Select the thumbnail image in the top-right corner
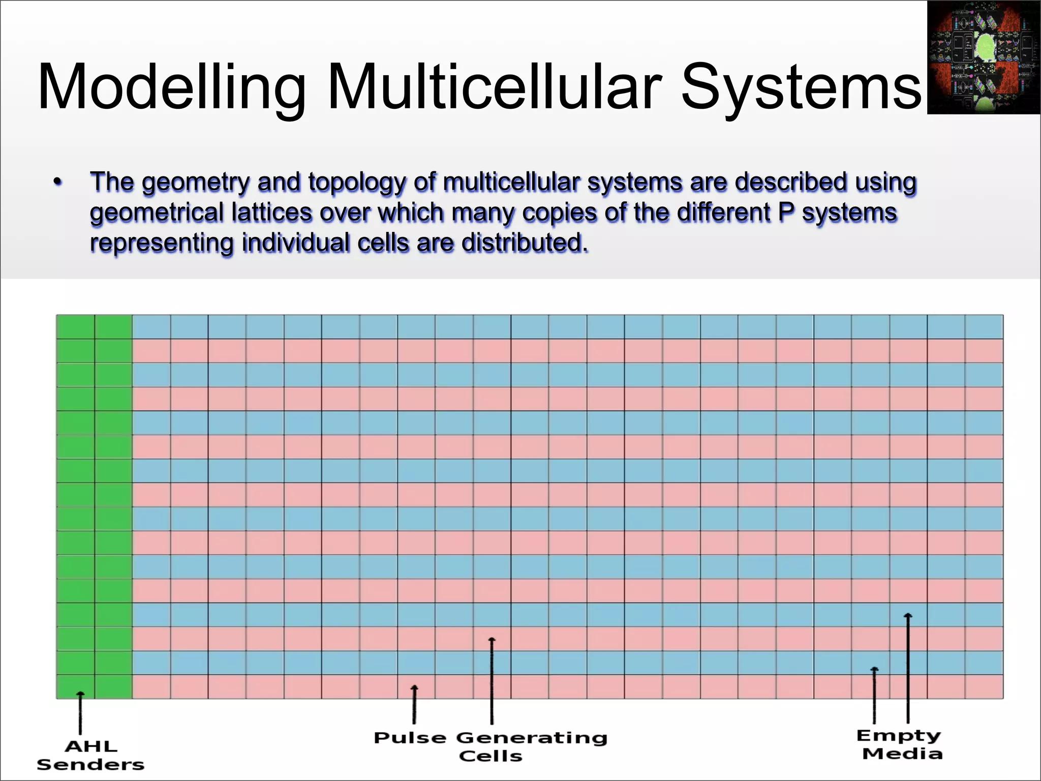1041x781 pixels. [x=984, y=57]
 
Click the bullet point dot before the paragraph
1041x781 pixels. [x=58, y=182]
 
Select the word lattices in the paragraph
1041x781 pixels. [x=271, y=213]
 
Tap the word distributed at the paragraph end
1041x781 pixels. [x=524, y=243]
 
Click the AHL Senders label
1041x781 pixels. [x=90, y=756]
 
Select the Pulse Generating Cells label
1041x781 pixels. [x=491, y=746]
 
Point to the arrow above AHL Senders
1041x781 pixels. [x=80, y=712]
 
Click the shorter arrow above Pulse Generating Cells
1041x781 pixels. [x=414, y=704]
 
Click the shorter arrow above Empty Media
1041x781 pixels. [x=874, y=695]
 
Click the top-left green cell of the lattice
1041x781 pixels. [x=75, y=327]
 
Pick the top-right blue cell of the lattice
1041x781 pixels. [x=984, y=327]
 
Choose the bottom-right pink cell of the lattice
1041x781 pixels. [x=984, y=686]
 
